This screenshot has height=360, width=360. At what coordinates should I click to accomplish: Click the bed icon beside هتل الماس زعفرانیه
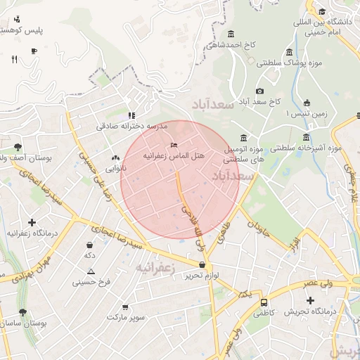pyautogui.click(x=174, y=146)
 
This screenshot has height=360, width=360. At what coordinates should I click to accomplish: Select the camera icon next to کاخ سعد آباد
pyautogui.click(x=259, y=91)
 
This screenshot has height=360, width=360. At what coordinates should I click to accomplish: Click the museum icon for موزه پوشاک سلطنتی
pyautogui.click(x=290, y=52)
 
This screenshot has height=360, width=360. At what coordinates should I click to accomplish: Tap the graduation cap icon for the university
pyautogui.click(x=322, y=11)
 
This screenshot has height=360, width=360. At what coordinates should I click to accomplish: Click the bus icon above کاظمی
pyautogui.click(x=264, y=302)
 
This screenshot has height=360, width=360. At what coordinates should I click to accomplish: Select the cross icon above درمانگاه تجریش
pyautogui.click(x=311, y=300)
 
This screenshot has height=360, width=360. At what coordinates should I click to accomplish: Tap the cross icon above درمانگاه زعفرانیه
pyautogui.click(x=32, y=222)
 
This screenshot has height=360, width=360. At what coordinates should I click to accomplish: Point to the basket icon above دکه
pyautogui.click(x=90, y=245)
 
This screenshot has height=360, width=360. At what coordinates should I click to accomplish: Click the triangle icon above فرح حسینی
pyautogui.click(x=91, y=271)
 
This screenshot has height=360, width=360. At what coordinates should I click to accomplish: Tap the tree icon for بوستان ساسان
pyautogui.click(x=23, y=312)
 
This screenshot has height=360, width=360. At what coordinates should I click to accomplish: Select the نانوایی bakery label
pyautogui.click(x=116, y=169)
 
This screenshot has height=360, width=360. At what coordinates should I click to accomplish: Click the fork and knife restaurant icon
pyautogui.click(x=14, y=60)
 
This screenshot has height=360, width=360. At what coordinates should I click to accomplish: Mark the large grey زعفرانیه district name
pyautogui.click(x=155, y=268)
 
